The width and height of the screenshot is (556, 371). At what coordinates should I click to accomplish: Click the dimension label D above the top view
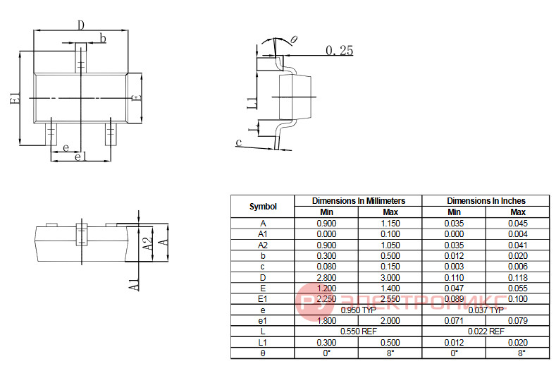point(81,25)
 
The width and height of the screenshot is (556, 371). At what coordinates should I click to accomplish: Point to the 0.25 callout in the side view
point(340,50)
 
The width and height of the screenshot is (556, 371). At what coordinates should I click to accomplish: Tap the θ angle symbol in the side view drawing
point(294,39)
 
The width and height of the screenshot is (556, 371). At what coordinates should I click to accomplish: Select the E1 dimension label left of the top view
point(14,98)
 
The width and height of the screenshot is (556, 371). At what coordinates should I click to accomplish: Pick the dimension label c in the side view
point(239,142)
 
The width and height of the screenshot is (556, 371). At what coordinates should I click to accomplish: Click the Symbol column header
point(263,206)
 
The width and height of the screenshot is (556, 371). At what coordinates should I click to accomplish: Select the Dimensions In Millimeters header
point(359,200)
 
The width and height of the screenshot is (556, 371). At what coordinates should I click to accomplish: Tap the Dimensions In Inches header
point(486,200)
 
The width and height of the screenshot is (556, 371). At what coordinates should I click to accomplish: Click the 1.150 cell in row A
point(390,224)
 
